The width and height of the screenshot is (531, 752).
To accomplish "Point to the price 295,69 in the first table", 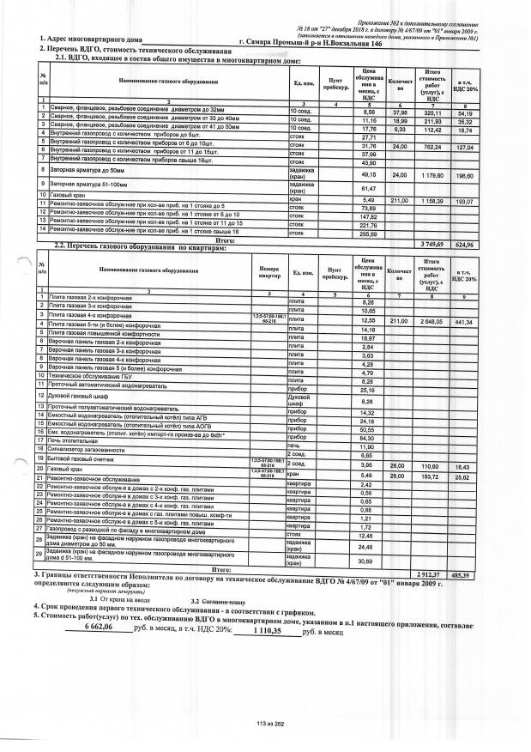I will pyautogui.click(x=371, y=233).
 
